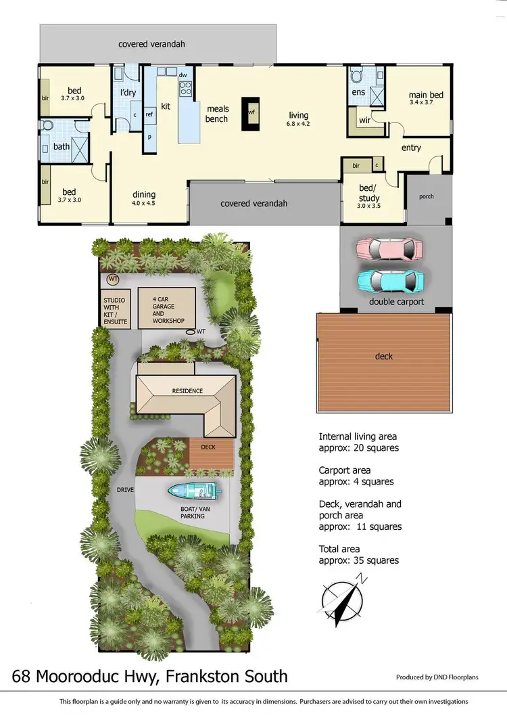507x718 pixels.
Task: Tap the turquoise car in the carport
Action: tap(390, 279)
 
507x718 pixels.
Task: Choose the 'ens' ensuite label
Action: tap(358, 93)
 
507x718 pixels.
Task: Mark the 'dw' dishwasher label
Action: tap(183, 74)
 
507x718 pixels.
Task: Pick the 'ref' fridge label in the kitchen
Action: tap(149, 114)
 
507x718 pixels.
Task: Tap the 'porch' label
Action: tap(427, 197)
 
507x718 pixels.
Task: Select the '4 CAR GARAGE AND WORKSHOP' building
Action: tap(167, 309)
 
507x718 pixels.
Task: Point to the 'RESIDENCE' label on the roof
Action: tap(187, 390)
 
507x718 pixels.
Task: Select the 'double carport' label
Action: tap(397, 301)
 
